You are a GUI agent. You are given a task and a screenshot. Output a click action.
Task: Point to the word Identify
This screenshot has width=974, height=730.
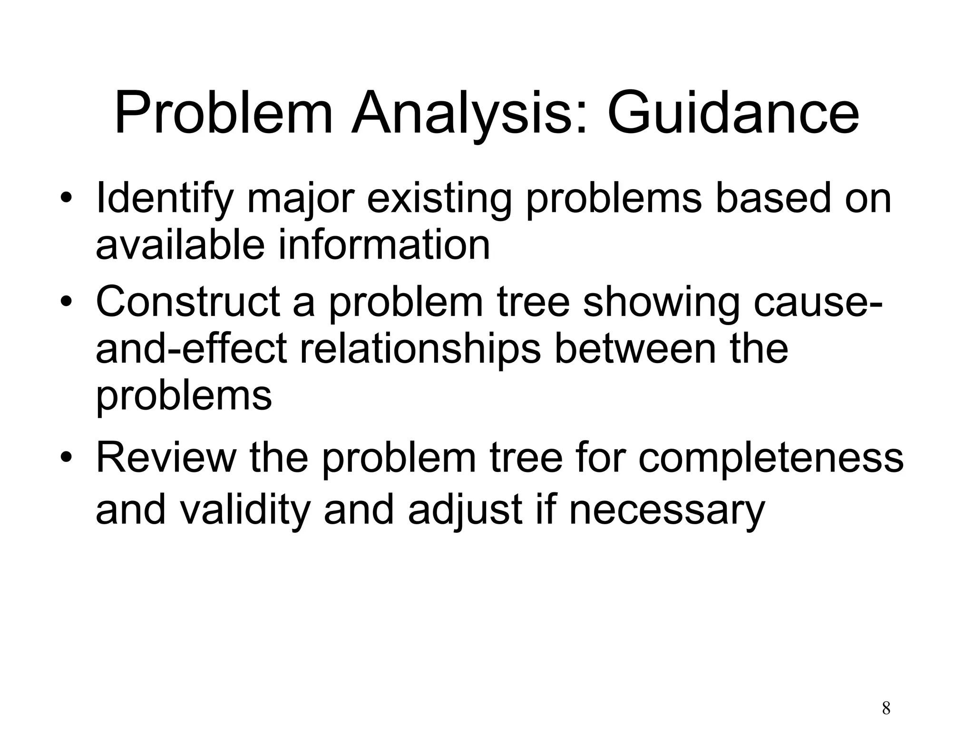click(164, 199)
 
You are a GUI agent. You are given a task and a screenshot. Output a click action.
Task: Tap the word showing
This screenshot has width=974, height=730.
click(661, 303)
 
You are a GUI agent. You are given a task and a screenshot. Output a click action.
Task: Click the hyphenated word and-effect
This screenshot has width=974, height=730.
click(191, 349)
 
